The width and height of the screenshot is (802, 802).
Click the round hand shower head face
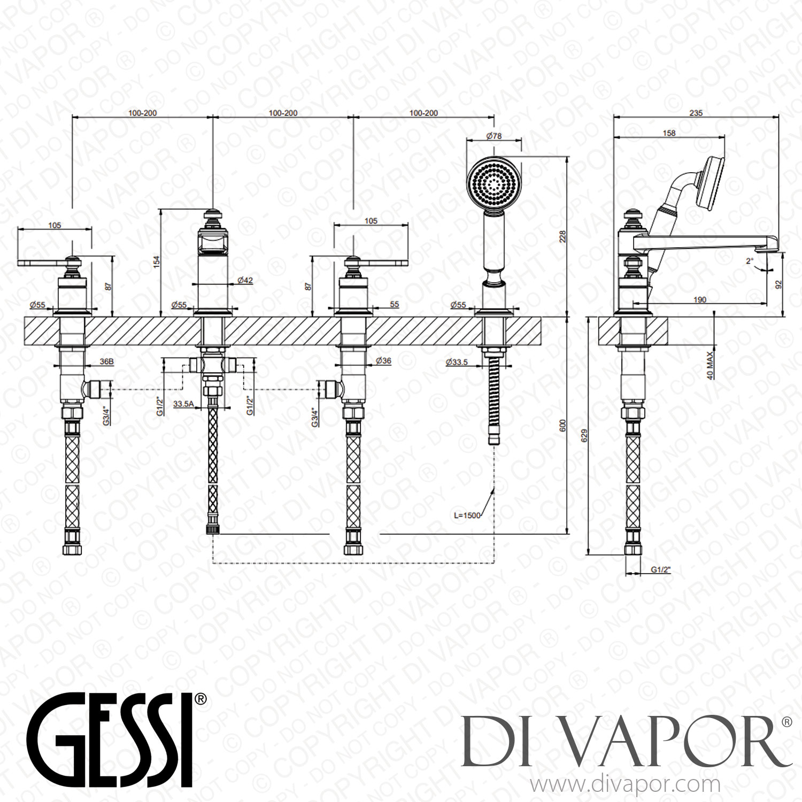click(x=493, y=184)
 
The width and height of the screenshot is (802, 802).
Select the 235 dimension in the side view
click(x=696, y=113)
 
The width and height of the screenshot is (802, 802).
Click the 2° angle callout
click(x=750, y=261)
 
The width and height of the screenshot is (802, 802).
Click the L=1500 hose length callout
click(x=467, y=515)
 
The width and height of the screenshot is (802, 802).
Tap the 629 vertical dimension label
click(x=584, y=435)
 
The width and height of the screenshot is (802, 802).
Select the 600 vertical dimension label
click(x=562, y=426)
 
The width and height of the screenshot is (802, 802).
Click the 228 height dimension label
click(x=562, y=236)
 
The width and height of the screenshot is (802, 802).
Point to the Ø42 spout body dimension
click(x=245, y=280)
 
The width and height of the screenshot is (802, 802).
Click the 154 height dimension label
click(x=157, y=262)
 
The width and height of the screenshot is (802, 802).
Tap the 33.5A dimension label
click(x=183, y=404)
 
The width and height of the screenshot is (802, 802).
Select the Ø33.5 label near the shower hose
click(x=457, y=362)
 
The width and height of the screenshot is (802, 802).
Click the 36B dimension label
click(x=106, y=361)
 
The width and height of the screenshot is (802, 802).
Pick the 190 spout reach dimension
click(x=699, y=300)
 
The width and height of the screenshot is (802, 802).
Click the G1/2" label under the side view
click(x=660, y=570)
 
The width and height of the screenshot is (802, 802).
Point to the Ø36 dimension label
click(x=383, y=361)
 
